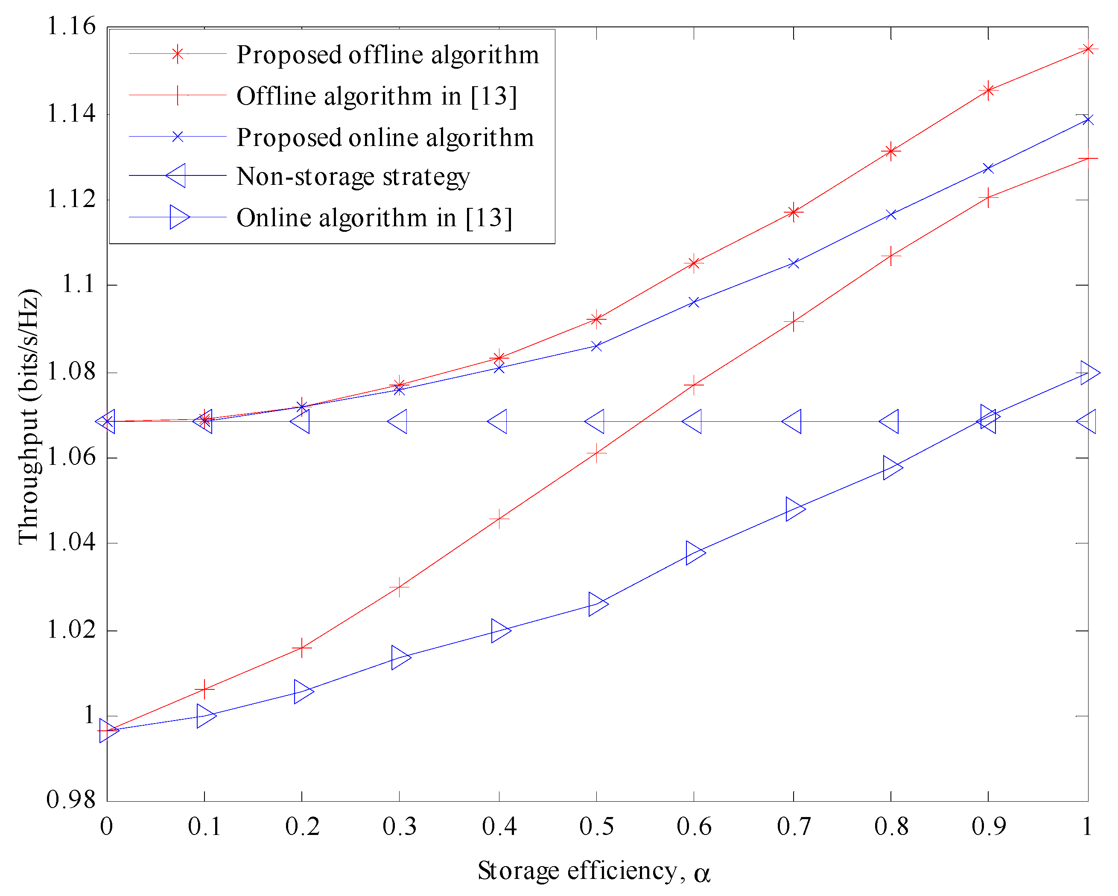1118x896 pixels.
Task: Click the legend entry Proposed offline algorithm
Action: [387, 55]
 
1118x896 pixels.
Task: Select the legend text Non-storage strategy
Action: [353, 176]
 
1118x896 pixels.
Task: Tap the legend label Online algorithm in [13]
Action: [374, 217]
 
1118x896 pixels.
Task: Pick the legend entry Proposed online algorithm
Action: [385, 137]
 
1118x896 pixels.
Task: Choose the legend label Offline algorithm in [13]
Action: [377, 96]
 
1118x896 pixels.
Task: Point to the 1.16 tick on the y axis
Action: [72, 26]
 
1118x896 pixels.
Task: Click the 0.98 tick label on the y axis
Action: [72, 800]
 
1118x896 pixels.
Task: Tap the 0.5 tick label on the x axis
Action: [596, 826]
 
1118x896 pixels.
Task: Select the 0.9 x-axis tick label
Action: [988, 826]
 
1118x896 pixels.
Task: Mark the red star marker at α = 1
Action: [1087, 49]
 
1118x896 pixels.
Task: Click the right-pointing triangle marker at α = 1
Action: [1089, 372]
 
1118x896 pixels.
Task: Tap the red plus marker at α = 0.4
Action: [499, 518]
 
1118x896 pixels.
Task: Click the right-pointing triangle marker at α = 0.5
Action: [598, 604]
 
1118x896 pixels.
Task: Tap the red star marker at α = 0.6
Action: [694, 263]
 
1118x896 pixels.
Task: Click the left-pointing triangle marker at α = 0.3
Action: [398, 422]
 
